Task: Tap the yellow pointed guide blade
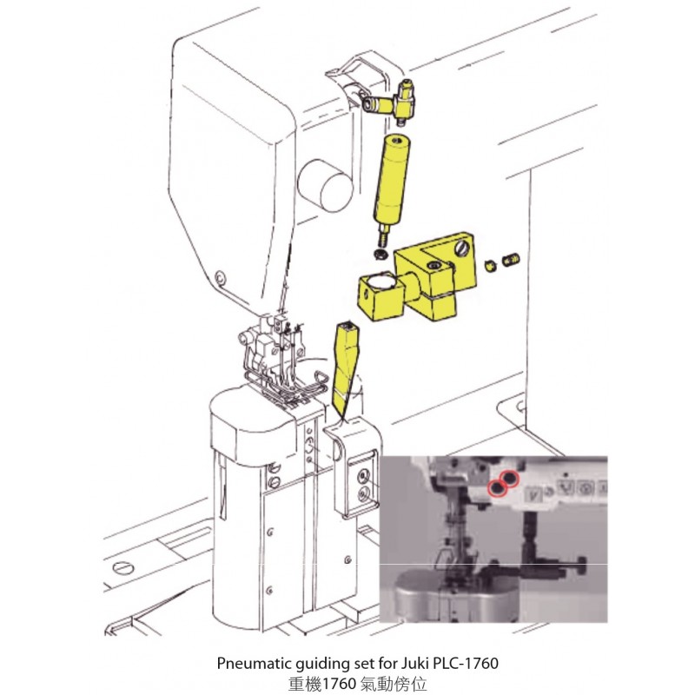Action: coord(346,368)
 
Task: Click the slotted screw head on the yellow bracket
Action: coord(462,248)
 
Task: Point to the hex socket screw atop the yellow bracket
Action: coord(432,266)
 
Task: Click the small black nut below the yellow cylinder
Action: coord(381,255)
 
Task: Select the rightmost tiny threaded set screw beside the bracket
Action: coord(511,259)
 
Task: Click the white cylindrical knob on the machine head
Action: coord(325,185)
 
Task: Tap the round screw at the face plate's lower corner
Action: coord(220,278)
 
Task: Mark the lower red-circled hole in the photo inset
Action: coord(497,488)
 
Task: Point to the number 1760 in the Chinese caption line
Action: coord(340,684)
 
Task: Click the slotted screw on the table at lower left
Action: coord(123,568)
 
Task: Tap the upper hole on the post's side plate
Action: coord(363,476)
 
